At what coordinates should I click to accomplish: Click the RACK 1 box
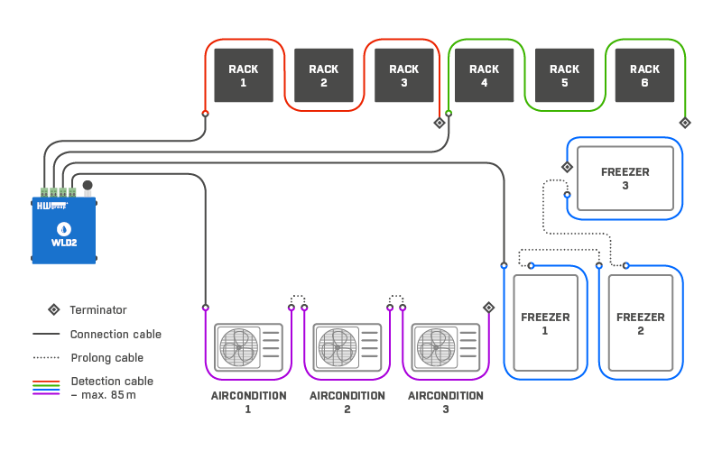[x=243, y=76]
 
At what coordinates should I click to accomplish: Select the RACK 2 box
[x=323, y=76]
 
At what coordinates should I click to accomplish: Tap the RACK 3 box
[x=403, y=76]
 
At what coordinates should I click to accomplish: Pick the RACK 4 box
[x=484, y=76]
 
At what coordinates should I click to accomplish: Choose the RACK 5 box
[x=564, y=76]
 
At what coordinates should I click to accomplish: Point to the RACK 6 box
[x=644, y=76]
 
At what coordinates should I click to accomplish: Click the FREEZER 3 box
[x=625, y=179]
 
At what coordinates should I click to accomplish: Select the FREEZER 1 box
[x=545, y=324]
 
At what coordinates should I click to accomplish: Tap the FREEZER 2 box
[x=641, y=324]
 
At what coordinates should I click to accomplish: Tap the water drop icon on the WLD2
[x=64, y=226]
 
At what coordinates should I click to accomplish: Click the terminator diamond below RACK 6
[x=684, y=123]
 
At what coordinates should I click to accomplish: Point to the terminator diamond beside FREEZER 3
[x=567, y=167]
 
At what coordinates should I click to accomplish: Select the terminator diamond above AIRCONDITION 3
[x=488, y=308]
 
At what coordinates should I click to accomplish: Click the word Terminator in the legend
[x=98, y=310]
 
